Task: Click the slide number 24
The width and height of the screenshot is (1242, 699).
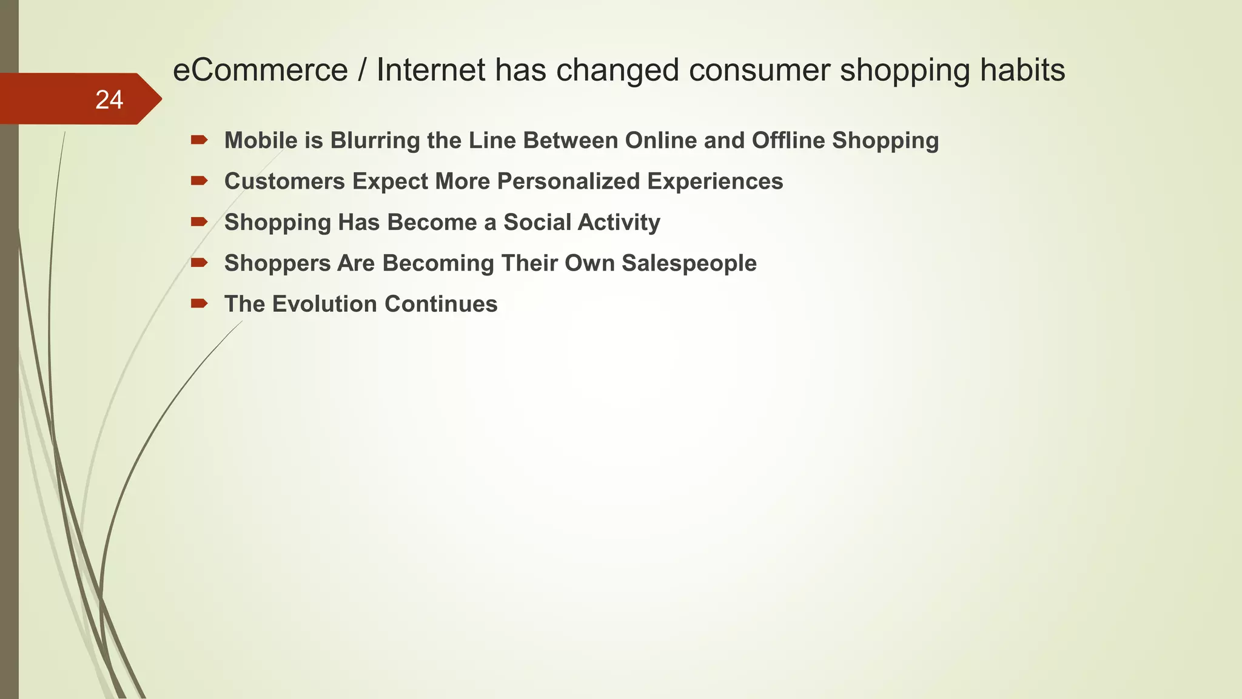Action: (109, 100)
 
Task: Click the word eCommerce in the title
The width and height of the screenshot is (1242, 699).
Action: (260, 70)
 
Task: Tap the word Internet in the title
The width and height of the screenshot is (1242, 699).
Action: (431, 70)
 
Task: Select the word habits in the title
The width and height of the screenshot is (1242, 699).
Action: (1022, 70)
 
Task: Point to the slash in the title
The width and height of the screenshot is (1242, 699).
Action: (362, 70)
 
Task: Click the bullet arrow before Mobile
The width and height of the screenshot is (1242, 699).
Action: (199, 140)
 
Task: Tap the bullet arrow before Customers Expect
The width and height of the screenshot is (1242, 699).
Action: (199, 181)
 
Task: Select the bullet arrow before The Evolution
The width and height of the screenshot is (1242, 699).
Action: (199, 303)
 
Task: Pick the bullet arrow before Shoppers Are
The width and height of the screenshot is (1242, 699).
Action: (199, 263)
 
